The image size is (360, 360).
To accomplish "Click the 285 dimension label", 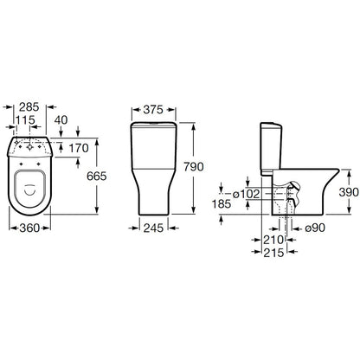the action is tap(29, 107).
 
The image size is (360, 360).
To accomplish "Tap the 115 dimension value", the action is tap(25, 120).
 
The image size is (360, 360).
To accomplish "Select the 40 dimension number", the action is tap(61, 120).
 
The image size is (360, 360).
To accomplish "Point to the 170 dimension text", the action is tap(79, 148).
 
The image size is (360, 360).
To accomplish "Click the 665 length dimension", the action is tap(97, 176).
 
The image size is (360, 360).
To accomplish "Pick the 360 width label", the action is tap(29, 228).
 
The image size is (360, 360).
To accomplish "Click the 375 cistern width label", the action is tap(153, 110).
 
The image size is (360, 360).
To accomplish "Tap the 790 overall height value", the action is tap(194, 167).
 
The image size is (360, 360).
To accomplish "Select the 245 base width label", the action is tap(153, 228).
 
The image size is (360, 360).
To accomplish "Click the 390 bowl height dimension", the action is tap(349, 192).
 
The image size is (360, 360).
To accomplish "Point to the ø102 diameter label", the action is tap(246, 194).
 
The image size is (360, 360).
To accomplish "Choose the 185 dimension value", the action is tap(222, 204).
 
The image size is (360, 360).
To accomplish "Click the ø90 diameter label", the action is tap(315, 228).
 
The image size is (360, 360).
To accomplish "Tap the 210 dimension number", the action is tap(273, 240).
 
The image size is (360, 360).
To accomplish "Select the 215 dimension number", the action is tap(273, 253).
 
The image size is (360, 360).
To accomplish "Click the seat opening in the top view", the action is tap(30, 189).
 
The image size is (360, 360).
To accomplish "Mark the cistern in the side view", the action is tap(271, 149).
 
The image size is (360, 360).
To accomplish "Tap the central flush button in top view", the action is tap(29, 147).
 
